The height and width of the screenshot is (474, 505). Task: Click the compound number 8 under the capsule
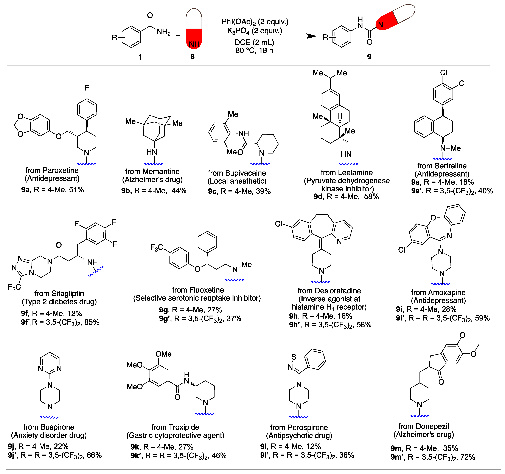pos(192,57)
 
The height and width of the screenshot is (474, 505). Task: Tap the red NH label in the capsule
pos(194,44)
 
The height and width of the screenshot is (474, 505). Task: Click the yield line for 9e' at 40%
pos(452,191)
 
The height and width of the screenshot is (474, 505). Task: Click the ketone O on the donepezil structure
pos(441,382)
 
